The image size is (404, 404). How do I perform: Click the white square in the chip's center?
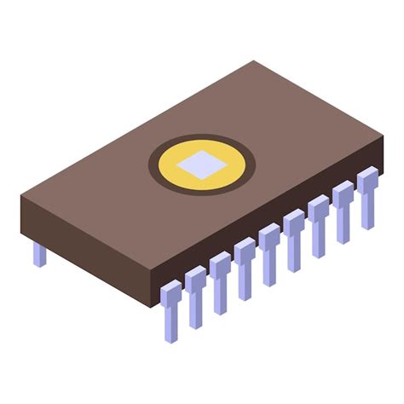click(202, 164)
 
